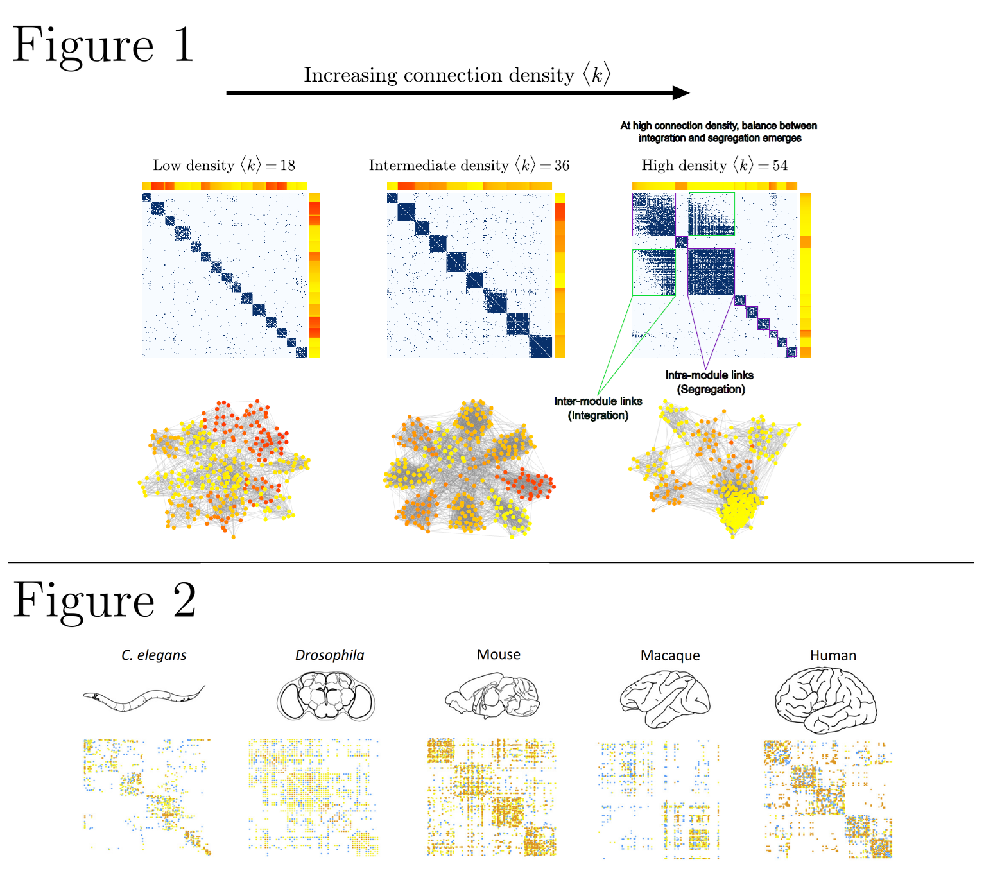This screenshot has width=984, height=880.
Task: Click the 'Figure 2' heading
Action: (x=104, y=600)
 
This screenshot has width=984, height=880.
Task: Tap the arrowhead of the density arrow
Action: (x=682, y=92)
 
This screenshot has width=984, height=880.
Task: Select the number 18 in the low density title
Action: (x=288, y=166)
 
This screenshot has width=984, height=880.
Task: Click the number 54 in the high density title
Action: (x=780, y=166)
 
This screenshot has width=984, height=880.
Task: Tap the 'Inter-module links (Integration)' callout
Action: (x=598, y=408)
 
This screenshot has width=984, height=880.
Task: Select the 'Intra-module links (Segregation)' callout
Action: (x=709, y=382)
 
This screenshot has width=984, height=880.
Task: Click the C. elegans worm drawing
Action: (x=144, y=698)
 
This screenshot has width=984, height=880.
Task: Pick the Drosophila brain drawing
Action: (x=326, y=696)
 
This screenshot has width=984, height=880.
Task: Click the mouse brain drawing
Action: (x=492, y=695)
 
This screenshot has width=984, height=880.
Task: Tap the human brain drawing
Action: (x=825, y=700)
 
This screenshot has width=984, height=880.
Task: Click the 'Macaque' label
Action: (x=670, y=655)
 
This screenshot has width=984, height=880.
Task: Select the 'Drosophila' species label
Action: (x=329, y=655)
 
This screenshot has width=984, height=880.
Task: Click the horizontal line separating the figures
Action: (x=491, y=562)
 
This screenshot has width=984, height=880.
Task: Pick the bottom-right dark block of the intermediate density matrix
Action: (x=540, y=346)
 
